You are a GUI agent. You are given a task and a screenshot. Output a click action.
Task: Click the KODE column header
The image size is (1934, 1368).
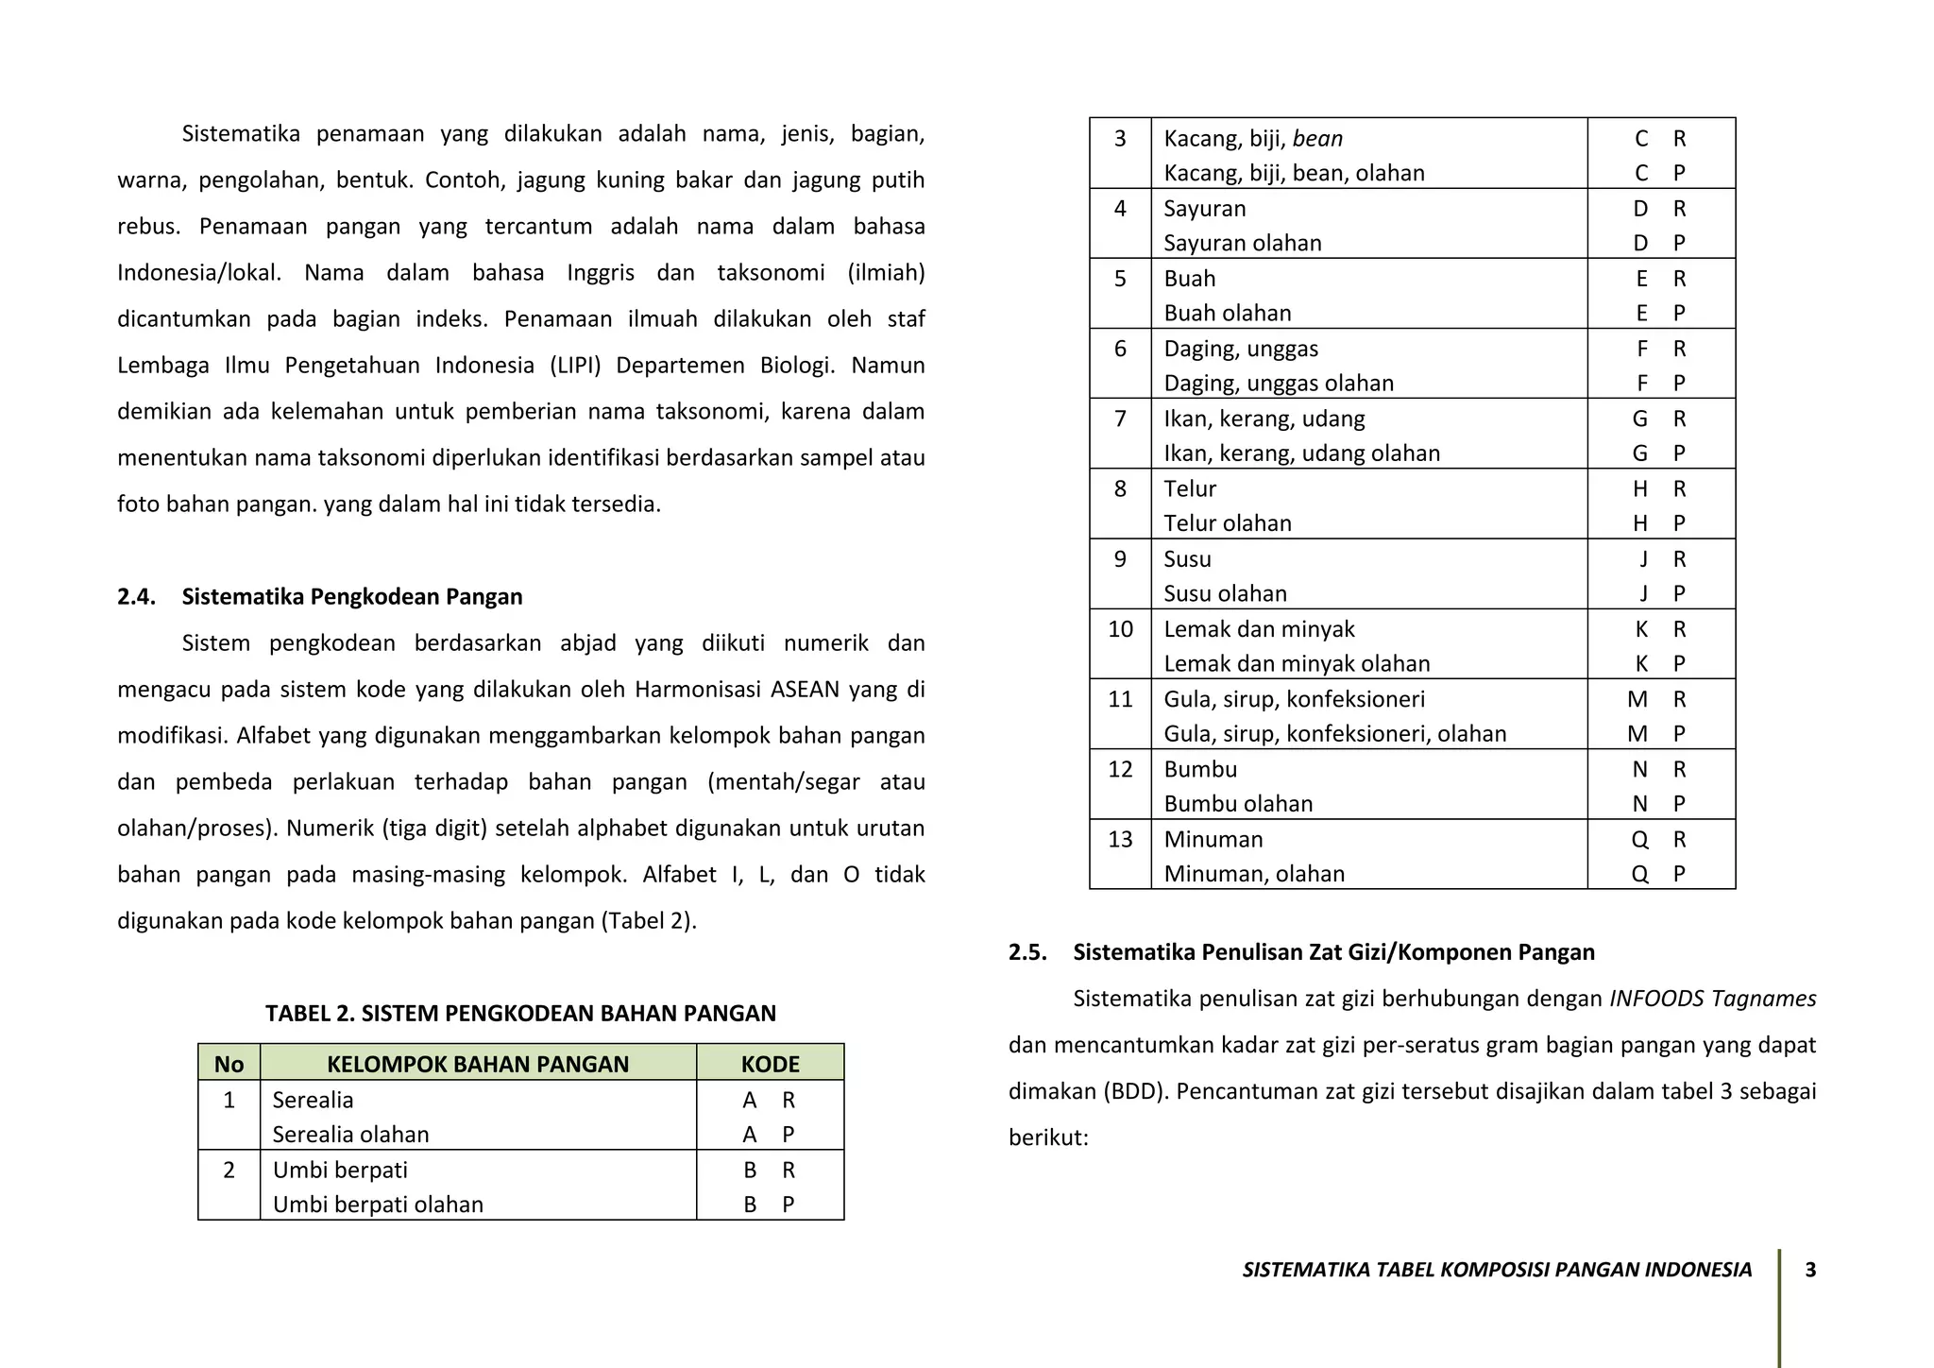coord(770,1064)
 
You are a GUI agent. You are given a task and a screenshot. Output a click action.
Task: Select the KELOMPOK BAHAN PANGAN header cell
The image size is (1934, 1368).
coord(478,1064)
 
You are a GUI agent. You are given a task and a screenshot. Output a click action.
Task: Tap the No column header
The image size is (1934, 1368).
coord(229,1064)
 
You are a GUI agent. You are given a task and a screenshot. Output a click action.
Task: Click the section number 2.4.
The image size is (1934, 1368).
coord(136,597)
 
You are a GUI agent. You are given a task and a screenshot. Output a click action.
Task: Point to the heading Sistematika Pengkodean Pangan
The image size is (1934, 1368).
coord(352,597)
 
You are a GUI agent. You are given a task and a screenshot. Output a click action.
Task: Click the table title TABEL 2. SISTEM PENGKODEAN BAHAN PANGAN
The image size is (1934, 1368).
coord(520,1014)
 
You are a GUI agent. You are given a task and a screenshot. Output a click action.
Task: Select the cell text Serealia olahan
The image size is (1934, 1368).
coord(350,1135)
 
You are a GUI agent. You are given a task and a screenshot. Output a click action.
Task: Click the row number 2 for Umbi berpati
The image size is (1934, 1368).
coord(229,1171)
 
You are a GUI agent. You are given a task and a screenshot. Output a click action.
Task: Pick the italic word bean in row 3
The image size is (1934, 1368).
coord(1317,139)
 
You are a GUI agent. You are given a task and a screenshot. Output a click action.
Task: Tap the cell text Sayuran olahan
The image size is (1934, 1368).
coord(1242,244)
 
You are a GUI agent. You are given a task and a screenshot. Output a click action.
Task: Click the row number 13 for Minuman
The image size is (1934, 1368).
coord(1120,840)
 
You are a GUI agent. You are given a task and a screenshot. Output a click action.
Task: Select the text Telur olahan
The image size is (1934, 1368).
coord(1227,523)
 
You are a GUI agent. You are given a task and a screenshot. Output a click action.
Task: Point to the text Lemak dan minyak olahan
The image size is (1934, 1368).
coord(1297,664)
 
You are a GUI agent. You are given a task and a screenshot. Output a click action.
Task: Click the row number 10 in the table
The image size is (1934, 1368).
coord(1120,629)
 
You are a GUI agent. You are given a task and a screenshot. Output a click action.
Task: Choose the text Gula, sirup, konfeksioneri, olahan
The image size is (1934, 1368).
coord(1334,734)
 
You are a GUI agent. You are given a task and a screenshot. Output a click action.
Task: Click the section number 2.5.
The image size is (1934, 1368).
coord(1027,952)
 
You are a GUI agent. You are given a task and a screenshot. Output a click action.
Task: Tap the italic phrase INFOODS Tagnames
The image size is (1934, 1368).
coord(1712,999)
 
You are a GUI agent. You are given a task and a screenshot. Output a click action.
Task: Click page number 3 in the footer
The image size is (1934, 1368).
coord(1810,1270)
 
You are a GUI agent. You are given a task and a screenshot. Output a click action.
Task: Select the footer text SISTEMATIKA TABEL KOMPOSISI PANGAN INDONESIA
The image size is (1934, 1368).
coord(1497,1270)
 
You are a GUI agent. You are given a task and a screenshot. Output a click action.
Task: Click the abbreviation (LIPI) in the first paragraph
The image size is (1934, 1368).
coord(575,366)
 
